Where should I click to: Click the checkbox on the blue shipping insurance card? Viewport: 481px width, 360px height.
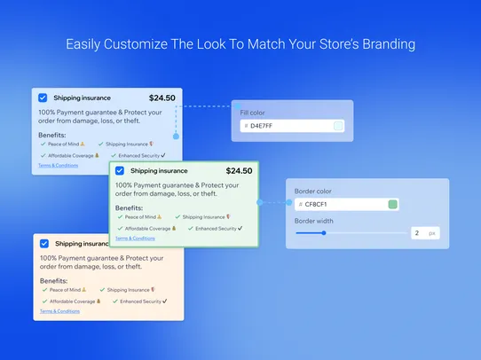(43, 98)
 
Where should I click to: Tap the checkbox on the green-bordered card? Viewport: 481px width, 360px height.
(119, 171)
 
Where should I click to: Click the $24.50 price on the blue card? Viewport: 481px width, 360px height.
(162, 98)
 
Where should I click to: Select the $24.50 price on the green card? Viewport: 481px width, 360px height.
(239, 171)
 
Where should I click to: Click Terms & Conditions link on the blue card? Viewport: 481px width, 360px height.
(59, 165)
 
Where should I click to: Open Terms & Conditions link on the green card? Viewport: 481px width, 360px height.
(135, 238)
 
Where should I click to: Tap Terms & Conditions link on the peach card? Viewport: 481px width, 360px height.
(59, 311)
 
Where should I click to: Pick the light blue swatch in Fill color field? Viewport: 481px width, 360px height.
(338, 126)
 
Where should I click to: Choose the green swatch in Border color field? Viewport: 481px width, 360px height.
(392, 205)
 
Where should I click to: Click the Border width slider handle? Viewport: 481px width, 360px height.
(324, 233)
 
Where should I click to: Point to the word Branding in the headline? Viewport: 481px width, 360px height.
(382, 43)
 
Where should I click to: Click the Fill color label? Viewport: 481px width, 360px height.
(253, 113)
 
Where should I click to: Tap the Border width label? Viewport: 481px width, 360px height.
(314, 220)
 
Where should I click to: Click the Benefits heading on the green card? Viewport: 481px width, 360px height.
(129, 207)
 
